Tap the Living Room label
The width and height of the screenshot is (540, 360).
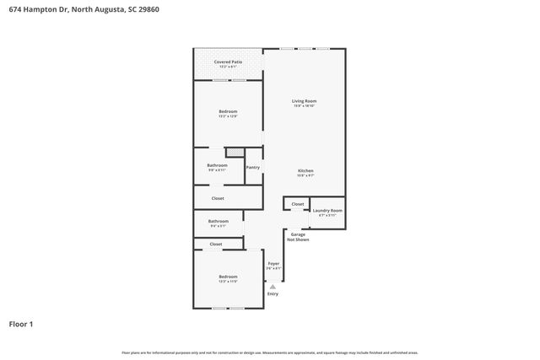click(x=305, y=102)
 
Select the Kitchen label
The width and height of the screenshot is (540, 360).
click(x=305, y=171)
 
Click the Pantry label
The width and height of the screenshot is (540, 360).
click(x=253, y=167)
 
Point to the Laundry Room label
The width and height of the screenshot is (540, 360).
click(x=327, y=212)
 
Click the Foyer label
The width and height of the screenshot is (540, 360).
click(x=273, y=265)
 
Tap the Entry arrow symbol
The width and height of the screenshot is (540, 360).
click(x=273, y=287)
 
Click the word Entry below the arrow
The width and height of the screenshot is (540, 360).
click(x=273, y=293)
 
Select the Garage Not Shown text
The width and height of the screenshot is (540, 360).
click(x=299, y=237)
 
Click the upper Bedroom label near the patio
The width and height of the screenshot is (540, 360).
click(x=228, y=112)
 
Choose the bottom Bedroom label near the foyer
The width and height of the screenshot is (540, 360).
click(x=228, y=277)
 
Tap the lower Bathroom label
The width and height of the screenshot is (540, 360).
click(x=219, y=223)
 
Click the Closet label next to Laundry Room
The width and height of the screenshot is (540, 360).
click(x=298, y=204)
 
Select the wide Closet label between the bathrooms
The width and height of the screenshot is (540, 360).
click(x=217, y=198)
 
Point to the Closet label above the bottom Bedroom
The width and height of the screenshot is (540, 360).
click(x=216, y=244)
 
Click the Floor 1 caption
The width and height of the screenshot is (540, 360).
click(x=20, y=323)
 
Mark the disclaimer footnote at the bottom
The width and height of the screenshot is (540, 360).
click(x=270, y=352)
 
